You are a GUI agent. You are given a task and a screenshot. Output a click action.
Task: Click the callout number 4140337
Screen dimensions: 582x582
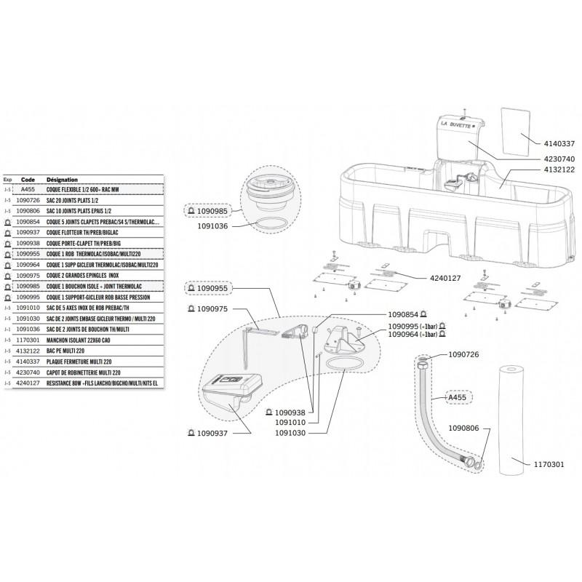(558, 143)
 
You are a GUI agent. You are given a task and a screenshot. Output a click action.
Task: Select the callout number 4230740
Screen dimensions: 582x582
(558, 158)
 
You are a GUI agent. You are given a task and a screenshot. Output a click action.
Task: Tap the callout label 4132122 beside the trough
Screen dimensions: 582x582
(558, 169)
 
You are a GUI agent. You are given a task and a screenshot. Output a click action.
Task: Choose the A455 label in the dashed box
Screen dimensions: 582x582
(457, 398)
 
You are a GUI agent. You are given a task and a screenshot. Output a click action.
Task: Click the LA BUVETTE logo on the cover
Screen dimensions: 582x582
(457, 124)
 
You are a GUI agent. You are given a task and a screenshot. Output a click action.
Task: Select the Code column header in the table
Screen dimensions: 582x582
(28, 178)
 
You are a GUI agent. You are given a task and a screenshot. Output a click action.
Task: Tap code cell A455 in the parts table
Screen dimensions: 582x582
(28, 188)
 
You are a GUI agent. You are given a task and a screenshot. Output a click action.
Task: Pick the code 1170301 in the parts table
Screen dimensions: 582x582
(28, 339)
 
